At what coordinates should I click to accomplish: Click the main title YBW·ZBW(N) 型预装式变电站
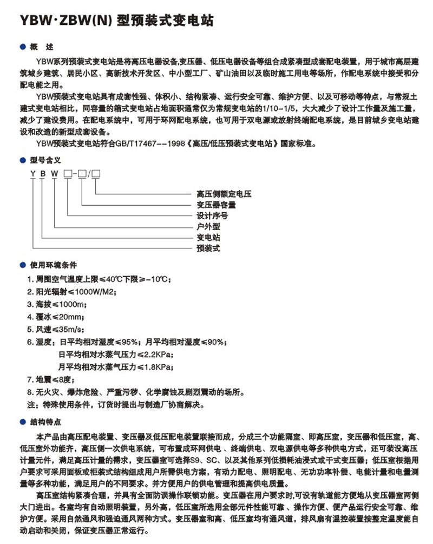tap(116, 21)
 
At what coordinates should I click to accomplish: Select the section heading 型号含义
tap(45, 160)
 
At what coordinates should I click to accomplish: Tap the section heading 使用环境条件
tap(54, 265)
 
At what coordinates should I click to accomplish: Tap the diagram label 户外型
tap(208, 226)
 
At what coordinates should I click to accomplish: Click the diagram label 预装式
tap(208, 248)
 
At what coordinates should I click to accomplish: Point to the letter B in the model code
tap(44, 173)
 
